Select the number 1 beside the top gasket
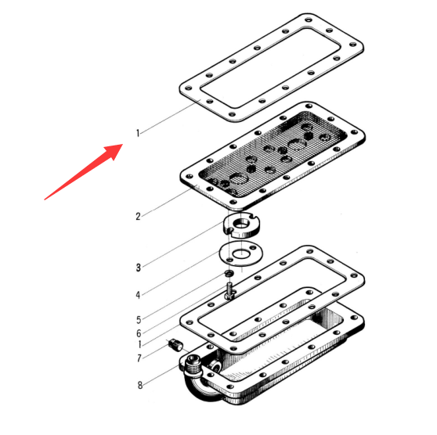(x=137, y=133)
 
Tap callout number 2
(x=138, y=217)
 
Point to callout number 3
(x=139, y=268)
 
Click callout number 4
(x=138, y=295)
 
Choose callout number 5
(x=139, y=320)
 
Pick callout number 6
(x=139, y=333)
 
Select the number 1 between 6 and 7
(x=139, y=345)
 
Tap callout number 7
(x=139, y=358)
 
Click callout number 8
(x=140, y=385)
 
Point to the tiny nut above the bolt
(x=229, y=274)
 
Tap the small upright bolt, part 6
(x=229, y=291)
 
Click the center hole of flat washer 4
(x=241, y=253)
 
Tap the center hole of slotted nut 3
(x=242, y=223)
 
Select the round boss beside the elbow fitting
(x=215, y=365)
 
